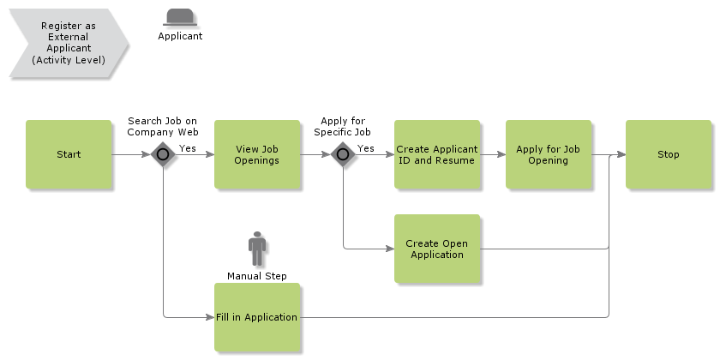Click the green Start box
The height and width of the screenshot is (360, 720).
[x=69, y=154]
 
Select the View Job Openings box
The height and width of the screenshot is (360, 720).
[x=257, y=154]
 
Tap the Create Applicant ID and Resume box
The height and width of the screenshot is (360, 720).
[x=437, y=154]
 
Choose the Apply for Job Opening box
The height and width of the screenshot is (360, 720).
[x=548, y=154]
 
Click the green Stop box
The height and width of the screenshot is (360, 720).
[x=668, y=154]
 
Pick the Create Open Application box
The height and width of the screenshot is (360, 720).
[x=437, y=249]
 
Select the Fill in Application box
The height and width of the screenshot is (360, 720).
[x=257, y=317]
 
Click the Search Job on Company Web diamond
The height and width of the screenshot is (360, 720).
[x=163, y=154]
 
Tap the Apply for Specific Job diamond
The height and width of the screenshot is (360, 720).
[x=343, y=154]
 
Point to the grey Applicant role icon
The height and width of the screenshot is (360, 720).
[x=180, y=16]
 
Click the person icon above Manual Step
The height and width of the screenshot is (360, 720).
[x=257, y=249]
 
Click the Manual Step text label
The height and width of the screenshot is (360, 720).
[x=257, y=276]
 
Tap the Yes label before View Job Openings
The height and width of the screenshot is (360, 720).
[x=187, y=148]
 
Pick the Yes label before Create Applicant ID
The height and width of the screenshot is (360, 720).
[x=366, y=148]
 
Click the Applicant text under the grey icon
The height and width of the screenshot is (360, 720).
[x=180, y=36]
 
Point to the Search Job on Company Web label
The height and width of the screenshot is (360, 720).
[x=163, y=127]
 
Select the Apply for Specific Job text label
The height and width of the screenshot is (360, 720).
[x=342, y=127]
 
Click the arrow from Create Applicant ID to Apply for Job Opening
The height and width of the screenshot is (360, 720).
[x=492, y=155]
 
